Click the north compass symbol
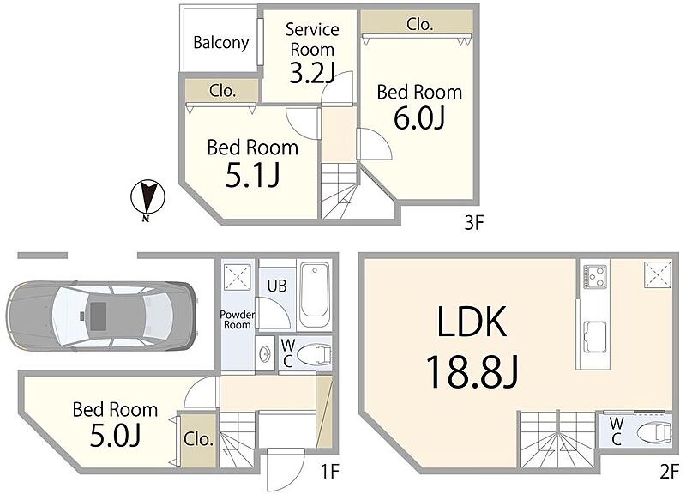pyautogui.click(x=147, y=198)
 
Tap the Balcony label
pyautogui.click(x=221, y=43)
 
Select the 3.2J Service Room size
pyautogui.click(x=312, y=73)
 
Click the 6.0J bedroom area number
pyautogui.click(x=419, y=118)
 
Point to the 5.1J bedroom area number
pyautogui.click(x=253, y=176)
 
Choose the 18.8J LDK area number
pyautogui.click(x=472, y=371)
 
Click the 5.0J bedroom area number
pyautogui.click(x=115, y=436)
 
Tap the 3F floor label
pyautogui.click(x=473, y=223)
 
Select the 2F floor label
pyautogui.click(x=669, y=472)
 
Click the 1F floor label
pyautogui.click(x=330, y=472)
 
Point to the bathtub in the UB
pyautogui.click(x=315, y=294)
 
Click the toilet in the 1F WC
pyautogui.click(x=314, y=354)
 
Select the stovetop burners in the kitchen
pyautogui.click(x=595, y=276)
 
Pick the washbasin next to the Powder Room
pyautogui.click(x=265, y=354)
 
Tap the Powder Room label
pyautogui.click(x=237, y=320)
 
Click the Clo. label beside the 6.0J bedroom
pyautogui.click(x=419, y=24)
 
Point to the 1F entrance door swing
pyautogui.click(x=286, y=469)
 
